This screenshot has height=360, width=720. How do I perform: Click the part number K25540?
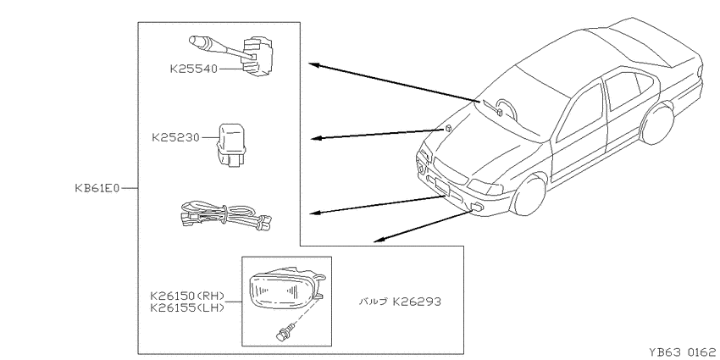click(x=193, y=69)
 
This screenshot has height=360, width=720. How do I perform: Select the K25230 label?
click(x=176, y=137)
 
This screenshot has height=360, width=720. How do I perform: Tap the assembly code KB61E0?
click(x=97, y=188)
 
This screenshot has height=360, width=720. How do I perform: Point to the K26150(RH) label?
click(x=187, y=296)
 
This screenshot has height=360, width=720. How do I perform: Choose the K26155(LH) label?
click(x=187, y=307)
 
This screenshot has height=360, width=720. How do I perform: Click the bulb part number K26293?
click(x=417, y=302)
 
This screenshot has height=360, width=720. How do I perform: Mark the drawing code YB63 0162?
click(x=684, y=352)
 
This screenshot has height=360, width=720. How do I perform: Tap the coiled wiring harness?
click(x=224, y=215)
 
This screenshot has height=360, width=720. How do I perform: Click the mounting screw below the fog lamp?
click(x=284, y=332)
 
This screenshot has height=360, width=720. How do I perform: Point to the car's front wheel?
click(x=529, y=195)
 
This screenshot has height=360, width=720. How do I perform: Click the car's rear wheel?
click(x=656, y=124)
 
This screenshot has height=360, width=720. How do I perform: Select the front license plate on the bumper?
click(x=441, y=185)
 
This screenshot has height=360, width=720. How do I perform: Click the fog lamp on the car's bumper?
click(x=478, y=207)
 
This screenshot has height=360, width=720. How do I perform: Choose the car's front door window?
click(x=580, y=113)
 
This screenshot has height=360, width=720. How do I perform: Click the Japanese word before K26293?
click(x=373, y=302)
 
